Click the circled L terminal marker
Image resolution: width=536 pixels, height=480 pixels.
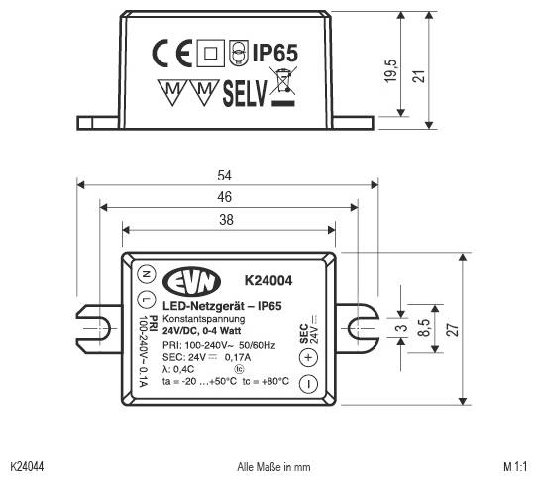(145, 299)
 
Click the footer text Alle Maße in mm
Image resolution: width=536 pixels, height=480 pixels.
(274, 464)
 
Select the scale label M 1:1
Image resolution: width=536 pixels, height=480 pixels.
(515, 464)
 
